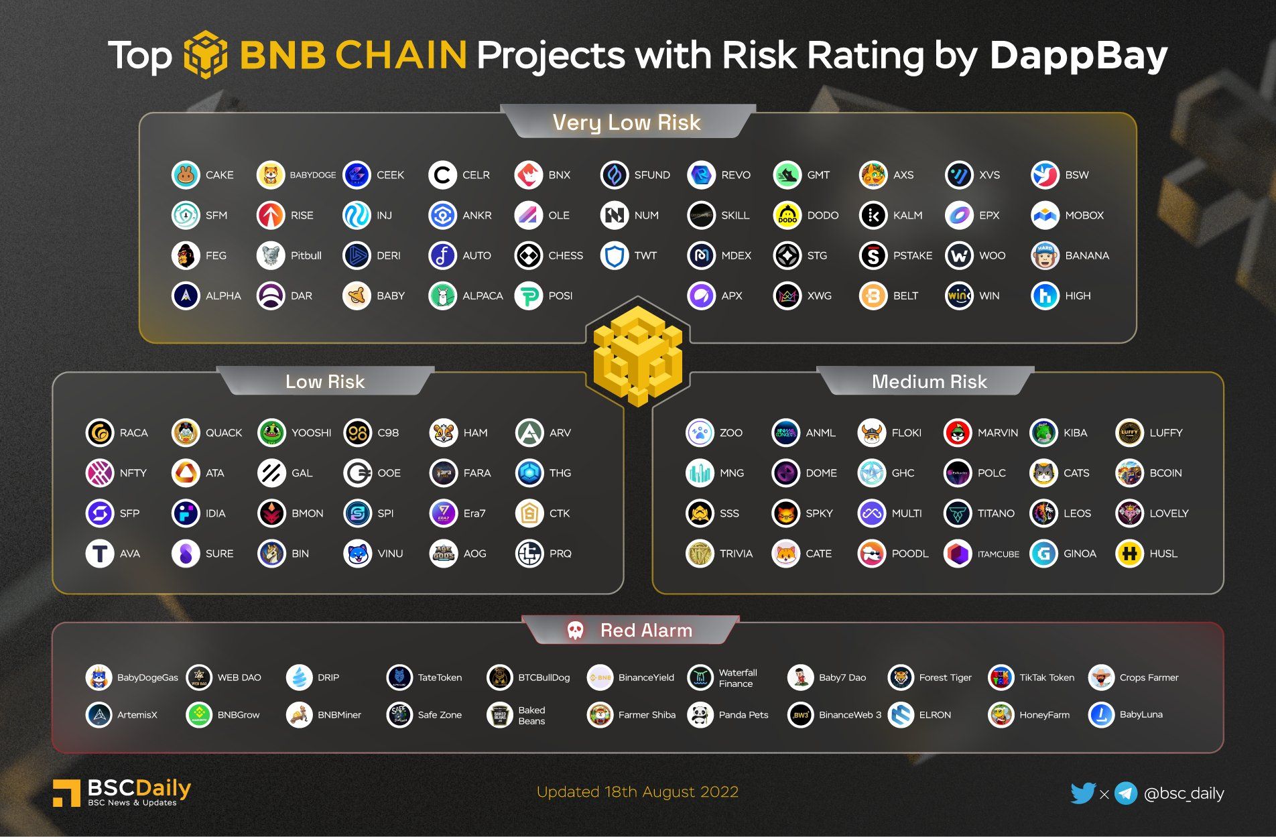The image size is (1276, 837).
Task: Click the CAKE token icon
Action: pos(186,175)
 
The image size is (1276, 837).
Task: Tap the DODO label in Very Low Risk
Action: pos(822,215)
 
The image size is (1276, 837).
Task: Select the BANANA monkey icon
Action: pos(1044,255)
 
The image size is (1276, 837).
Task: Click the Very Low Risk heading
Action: pos(627,123)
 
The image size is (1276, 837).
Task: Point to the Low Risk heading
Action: pos(325,381)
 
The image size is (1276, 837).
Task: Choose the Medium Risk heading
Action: pos(929,381)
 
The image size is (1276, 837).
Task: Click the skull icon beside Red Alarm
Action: pos(575,630)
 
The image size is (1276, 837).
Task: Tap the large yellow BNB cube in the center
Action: pos(637,355)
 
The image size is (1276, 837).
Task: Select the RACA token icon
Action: pos(100,433)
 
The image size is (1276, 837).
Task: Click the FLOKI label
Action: pos(906,433)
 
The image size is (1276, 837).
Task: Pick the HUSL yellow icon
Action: pos(1129,554)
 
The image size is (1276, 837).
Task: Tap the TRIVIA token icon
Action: pos(700,554)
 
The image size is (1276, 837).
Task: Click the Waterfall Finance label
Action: pos(737,678)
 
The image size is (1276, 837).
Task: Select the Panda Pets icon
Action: pos(700,715)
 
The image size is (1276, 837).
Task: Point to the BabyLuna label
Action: pos(1141,715)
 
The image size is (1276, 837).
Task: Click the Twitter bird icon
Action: pos(1082,793)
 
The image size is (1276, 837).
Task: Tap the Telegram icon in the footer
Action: pos(1126,793)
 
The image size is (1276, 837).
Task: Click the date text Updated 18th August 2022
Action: pos(637,792)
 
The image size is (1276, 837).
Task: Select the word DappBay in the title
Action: pos(1078,56)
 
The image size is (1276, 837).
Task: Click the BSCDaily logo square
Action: pos(66,793)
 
